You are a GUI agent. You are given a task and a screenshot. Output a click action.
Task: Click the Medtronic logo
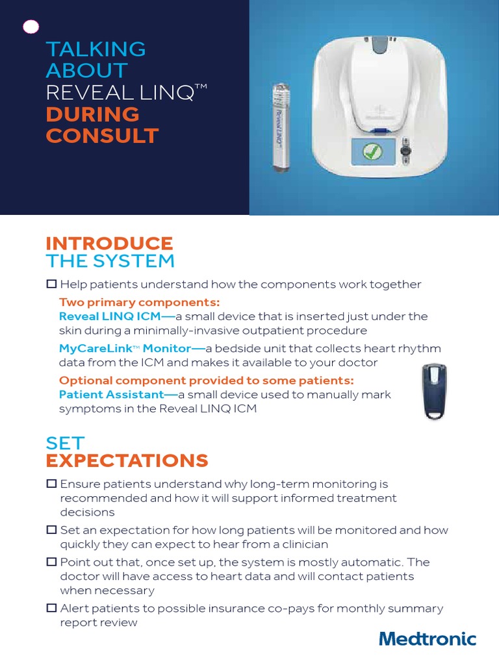[x=428, y=639]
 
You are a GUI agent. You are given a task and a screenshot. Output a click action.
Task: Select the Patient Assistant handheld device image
[x=430, y=391]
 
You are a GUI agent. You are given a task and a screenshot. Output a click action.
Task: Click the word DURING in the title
[x=92, y=114]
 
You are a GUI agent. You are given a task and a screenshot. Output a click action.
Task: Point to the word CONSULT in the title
[x=102, y=136]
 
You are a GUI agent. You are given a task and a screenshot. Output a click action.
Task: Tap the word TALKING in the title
[x=96, y=49]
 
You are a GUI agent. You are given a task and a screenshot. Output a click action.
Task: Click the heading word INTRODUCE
[x=109, y=244]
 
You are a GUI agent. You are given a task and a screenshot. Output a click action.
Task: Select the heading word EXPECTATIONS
[x=127, y=461]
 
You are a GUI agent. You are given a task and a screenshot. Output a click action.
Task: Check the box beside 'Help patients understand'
[x=51, y=284]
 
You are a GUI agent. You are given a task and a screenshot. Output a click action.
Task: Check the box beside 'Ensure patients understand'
[x=51, y=484]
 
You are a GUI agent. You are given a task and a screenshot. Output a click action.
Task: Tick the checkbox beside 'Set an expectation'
[x=51, y=530]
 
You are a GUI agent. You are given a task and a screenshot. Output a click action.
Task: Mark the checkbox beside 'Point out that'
[x=51, y=562]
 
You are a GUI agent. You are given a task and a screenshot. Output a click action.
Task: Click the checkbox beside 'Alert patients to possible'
[x=51, y=609]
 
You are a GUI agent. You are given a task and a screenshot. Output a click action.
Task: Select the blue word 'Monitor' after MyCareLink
[x=167, y=348]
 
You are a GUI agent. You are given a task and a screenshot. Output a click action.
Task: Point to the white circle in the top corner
[x=31, y=26]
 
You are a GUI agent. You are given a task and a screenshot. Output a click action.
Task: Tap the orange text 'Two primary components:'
[x=140, y=302]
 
